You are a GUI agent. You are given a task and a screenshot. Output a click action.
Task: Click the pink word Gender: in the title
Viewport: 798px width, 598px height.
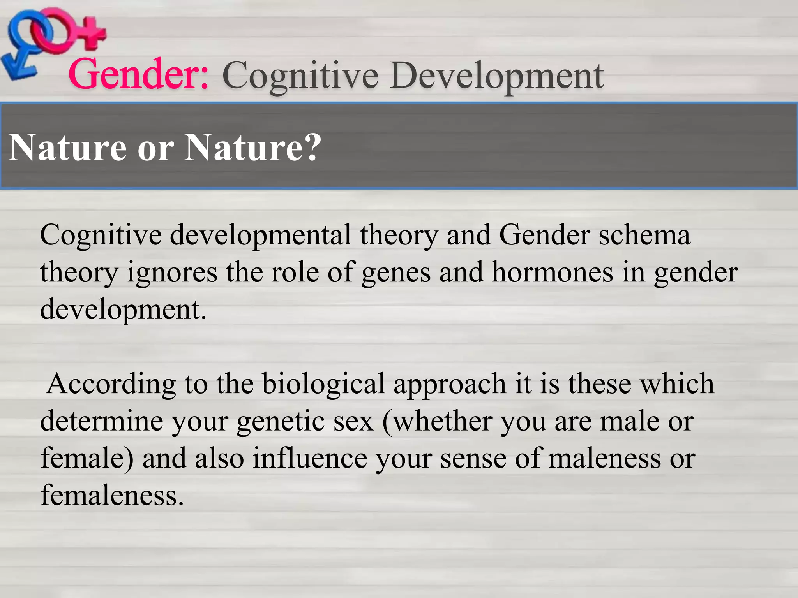pos(139,74)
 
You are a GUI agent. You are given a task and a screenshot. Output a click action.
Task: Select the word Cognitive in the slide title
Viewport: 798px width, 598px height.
pos(300,76)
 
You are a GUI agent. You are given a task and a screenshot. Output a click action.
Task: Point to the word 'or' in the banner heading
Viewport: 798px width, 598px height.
pos(155,149)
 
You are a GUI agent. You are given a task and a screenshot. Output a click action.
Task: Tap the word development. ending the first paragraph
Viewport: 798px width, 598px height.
pos(123,310)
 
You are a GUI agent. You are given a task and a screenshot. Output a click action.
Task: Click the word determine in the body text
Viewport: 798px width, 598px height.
pos(101,421)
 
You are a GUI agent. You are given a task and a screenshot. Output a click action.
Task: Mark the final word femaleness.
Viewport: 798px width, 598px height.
pos(112,495)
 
